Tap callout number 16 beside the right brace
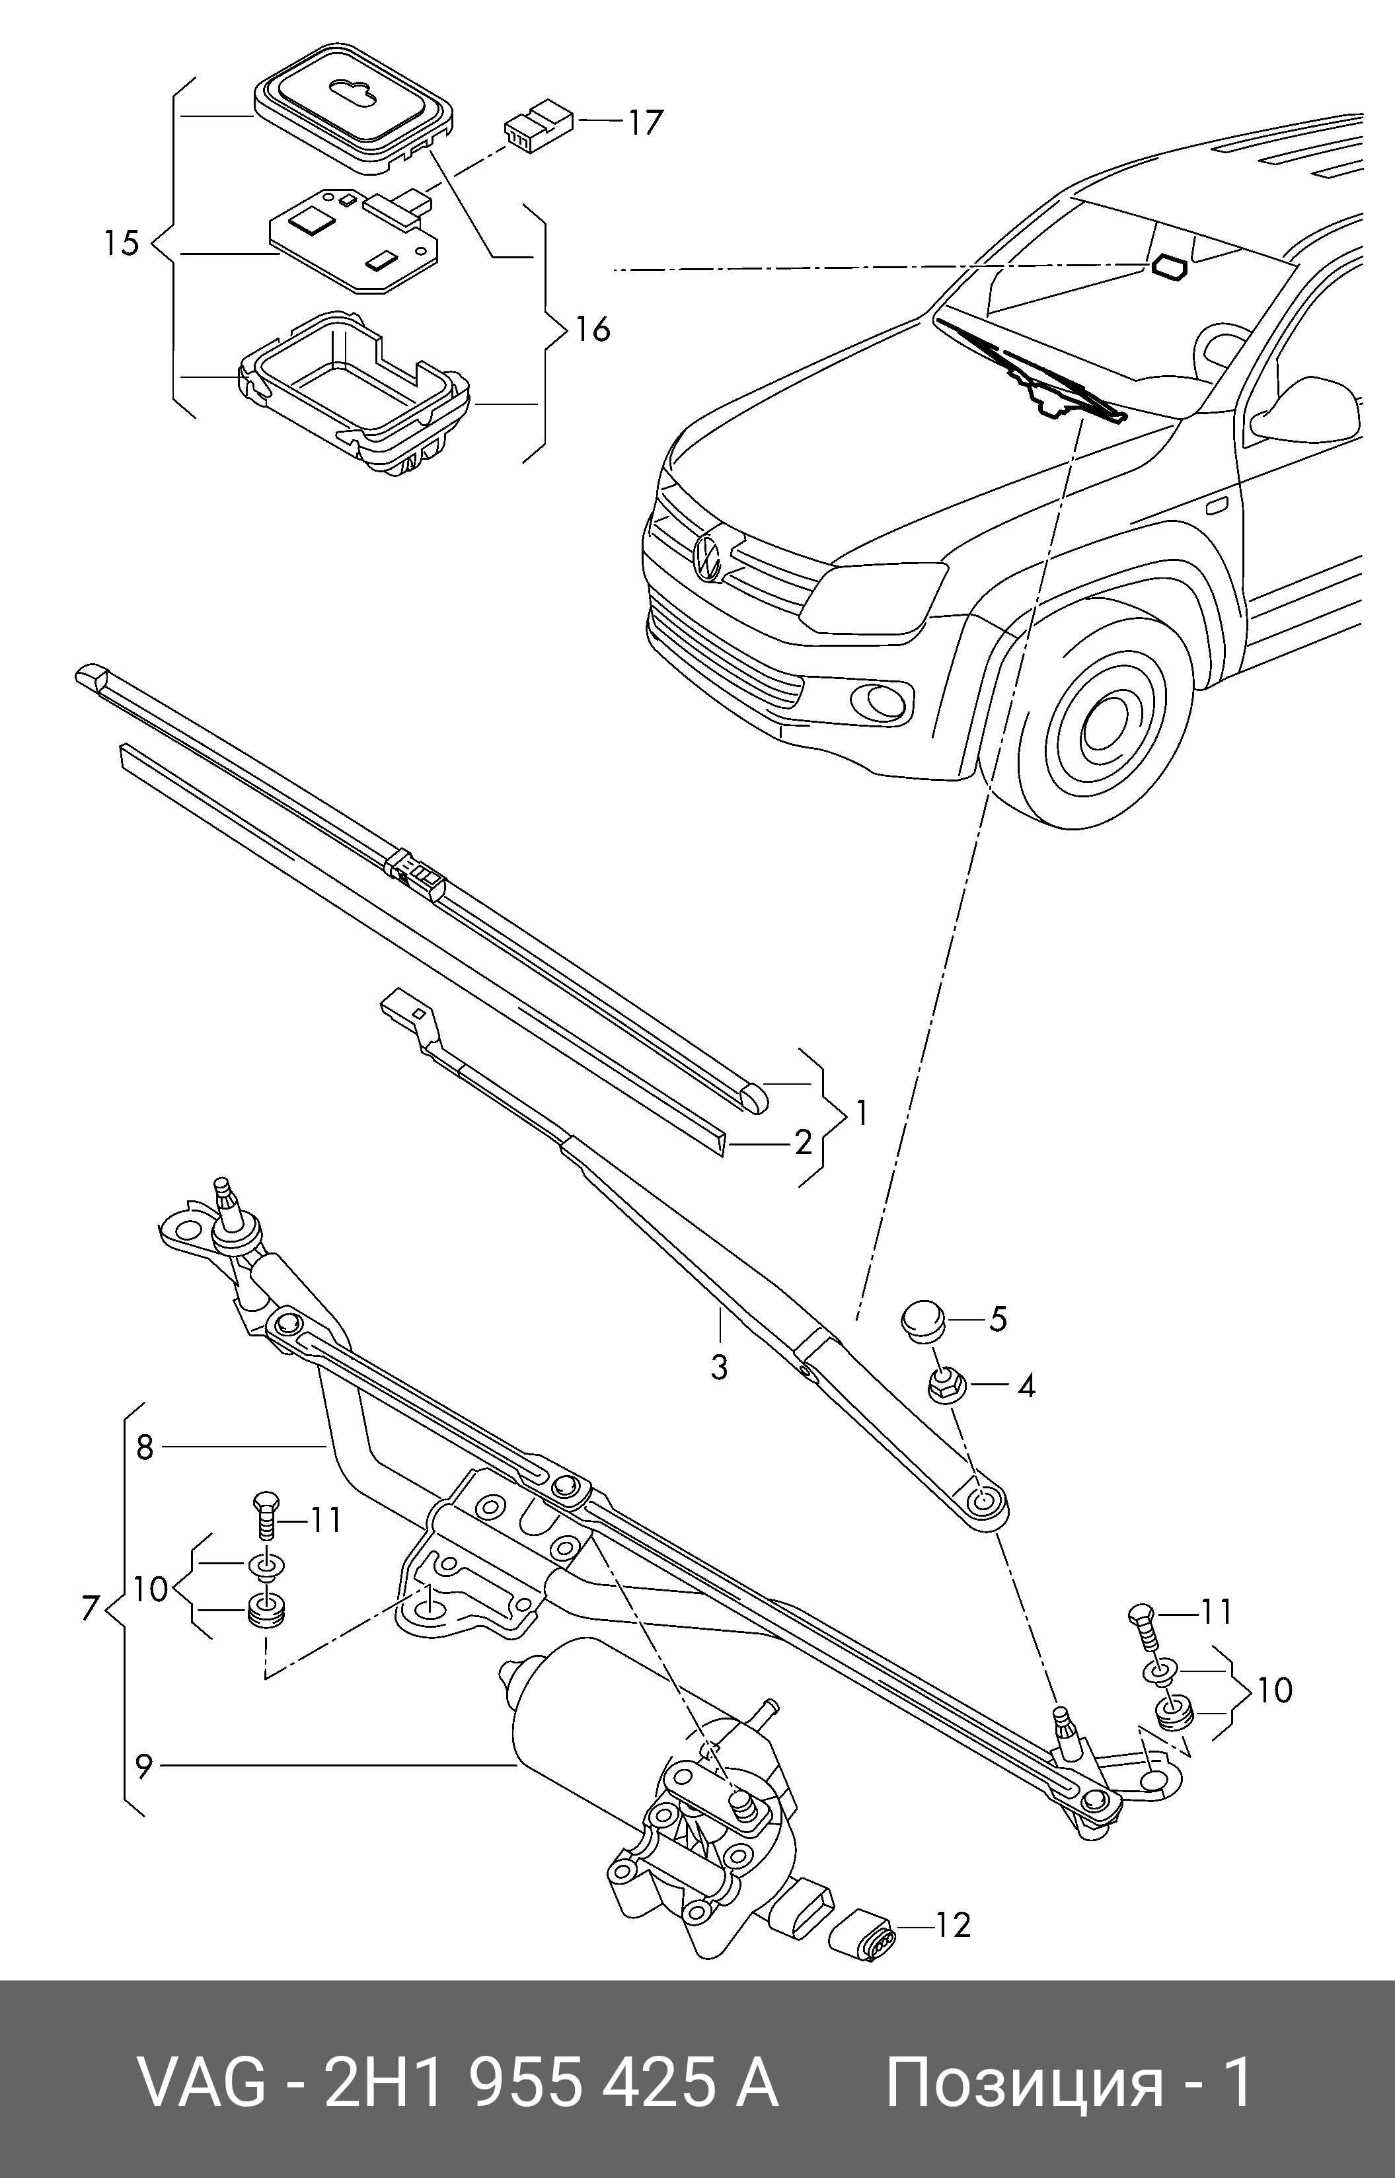click(592, 330)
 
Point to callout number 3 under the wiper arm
click(718, 1367)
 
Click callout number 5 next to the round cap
click(997, 1319)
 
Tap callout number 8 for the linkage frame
click(145, 1448)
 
